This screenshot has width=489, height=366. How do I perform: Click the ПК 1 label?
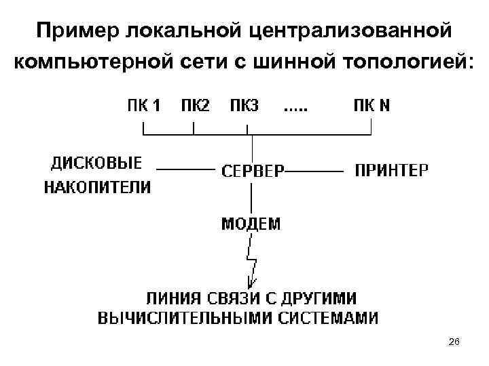click(x=144, y=106)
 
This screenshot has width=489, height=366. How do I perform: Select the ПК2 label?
click(x=195, y=106)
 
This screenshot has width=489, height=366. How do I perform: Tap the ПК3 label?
click(x=244, y=106)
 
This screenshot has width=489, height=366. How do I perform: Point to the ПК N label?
click(x=372, y=106)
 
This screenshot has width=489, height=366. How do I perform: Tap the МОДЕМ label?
click(x=251, y=224)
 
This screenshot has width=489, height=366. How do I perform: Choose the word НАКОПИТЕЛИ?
click(x=98, y=187)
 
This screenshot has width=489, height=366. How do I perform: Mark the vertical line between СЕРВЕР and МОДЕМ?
click(x=253, y=197)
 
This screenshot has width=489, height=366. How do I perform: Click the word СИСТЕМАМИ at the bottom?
click(x=323, y=318)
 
